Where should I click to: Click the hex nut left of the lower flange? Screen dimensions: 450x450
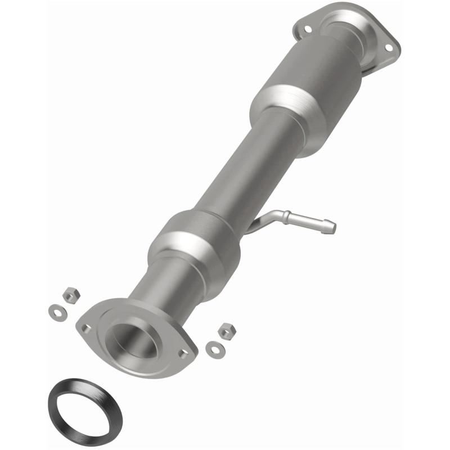pyautogui.click(x=71, y=294)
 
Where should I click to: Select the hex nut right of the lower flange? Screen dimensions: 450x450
pyautogui.click(x=226, y=331)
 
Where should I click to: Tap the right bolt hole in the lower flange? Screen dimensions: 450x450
pyautogui.click(x=183, y=353)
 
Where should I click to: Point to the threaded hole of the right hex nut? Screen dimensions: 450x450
pyautogui.click(x=226, y=330)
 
